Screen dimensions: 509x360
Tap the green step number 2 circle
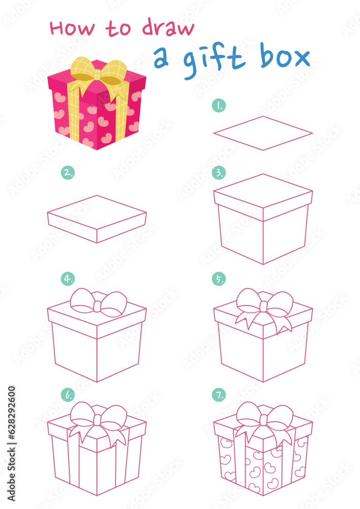click(x=68, y=173)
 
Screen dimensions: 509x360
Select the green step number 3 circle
click(x=219, y=173)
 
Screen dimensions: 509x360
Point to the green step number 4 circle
click(x=68, y=279)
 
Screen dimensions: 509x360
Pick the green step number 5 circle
click(x=219, y=279)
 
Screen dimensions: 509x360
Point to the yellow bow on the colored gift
click(x=99, y=72)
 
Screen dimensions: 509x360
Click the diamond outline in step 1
click(x=263, y=133)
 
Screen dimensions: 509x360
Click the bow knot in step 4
click(x=97, y=305)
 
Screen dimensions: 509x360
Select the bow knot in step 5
click(x=263, y=306)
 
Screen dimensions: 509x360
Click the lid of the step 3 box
click(x=263, y=196)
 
